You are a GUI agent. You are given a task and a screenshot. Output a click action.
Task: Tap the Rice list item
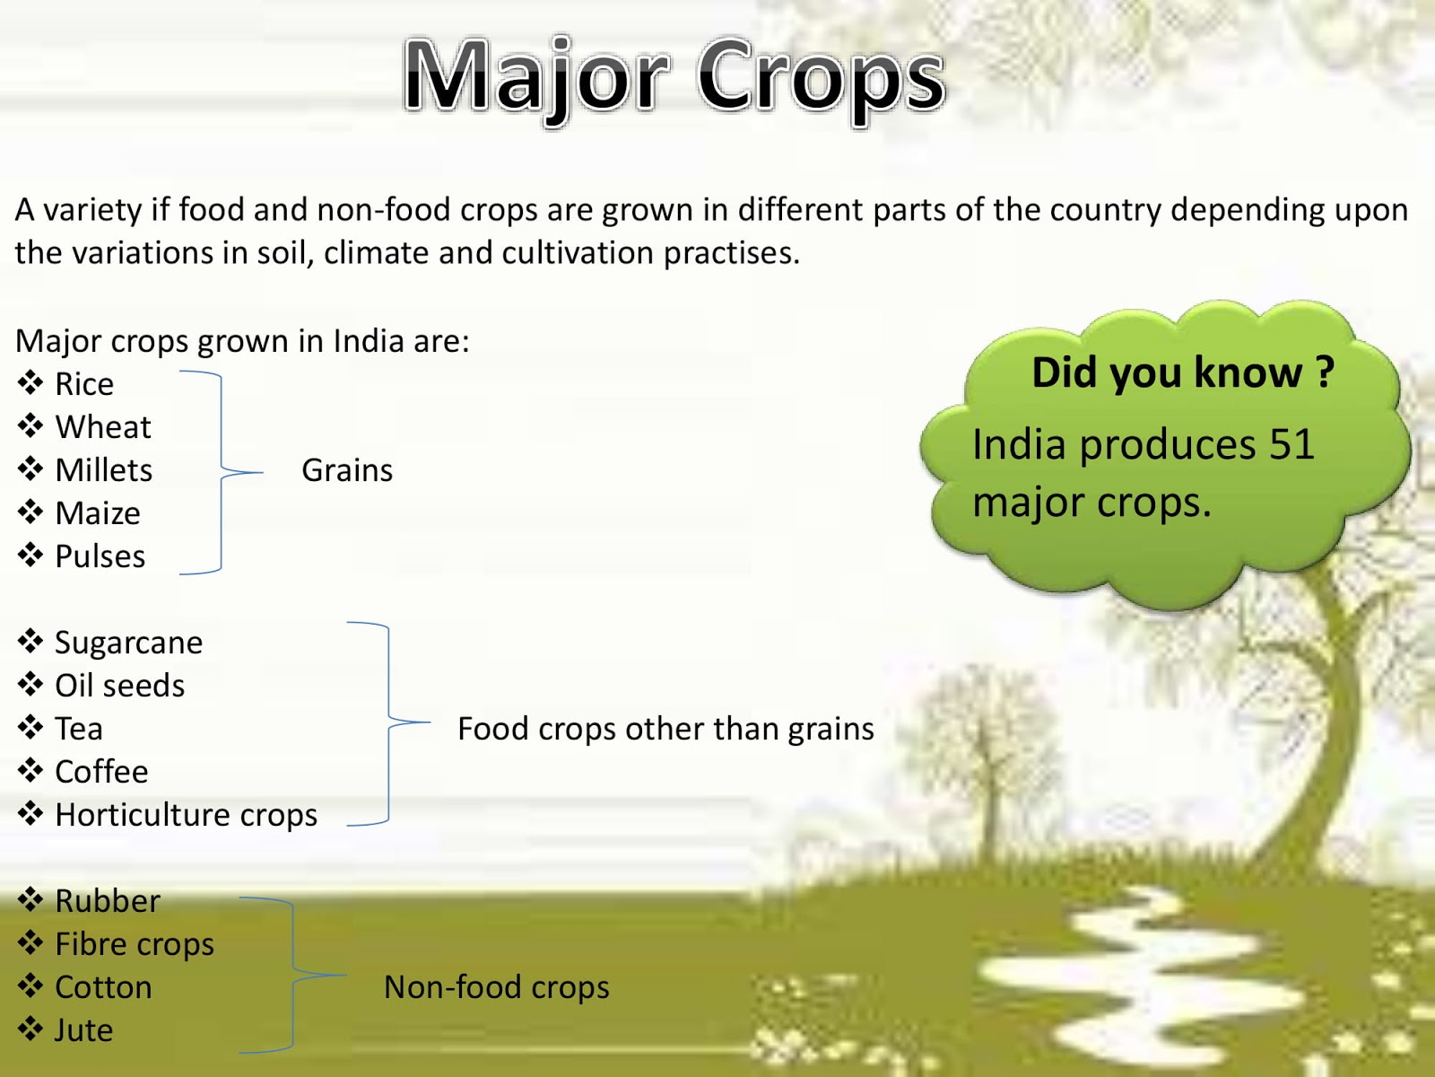tap(84, 384)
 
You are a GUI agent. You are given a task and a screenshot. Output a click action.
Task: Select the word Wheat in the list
tap(103, 427)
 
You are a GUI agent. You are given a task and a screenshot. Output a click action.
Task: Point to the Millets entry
tap(103, 470)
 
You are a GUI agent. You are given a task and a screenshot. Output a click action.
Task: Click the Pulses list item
tap(100, 556)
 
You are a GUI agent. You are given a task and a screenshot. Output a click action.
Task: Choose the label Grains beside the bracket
tap(347, 470)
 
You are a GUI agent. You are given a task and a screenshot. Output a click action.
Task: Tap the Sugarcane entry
tap(128, 643)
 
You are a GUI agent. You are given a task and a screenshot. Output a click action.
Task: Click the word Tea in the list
tap(79, 729)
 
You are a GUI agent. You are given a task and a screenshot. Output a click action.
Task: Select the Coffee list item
tap(101, 772)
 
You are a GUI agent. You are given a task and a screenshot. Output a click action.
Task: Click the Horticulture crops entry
tap(186, 815)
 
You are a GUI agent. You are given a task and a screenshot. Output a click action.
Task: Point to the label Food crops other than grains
tap(665, 729)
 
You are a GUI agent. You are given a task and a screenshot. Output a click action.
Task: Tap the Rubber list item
tap(108, 901)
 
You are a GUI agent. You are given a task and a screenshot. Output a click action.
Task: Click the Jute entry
tap(83, 1030)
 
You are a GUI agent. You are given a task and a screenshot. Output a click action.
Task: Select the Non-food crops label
tap(496, 987)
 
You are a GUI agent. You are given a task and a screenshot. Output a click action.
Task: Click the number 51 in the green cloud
tap(1291, 444)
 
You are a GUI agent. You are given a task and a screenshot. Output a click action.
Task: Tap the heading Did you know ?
tap(1182, 372)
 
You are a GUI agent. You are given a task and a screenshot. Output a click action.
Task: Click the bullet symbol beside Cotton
tap(30, 986)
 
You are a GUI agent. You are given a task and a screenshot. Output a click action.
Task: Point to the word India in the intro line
tap(368, 342)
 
